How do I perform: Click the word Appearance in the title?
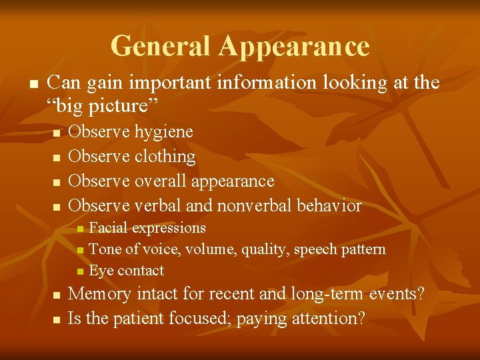(293, 46)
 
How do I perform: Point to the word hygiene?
(164, 132)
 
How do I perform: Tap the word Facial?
(108, 228)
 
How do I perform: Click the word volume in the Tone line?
(211, 249)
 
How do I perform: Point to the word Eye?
(101, 271)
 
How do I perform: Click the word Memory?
(100, 294)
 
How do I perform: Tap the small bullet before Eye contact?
(80, 271)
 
